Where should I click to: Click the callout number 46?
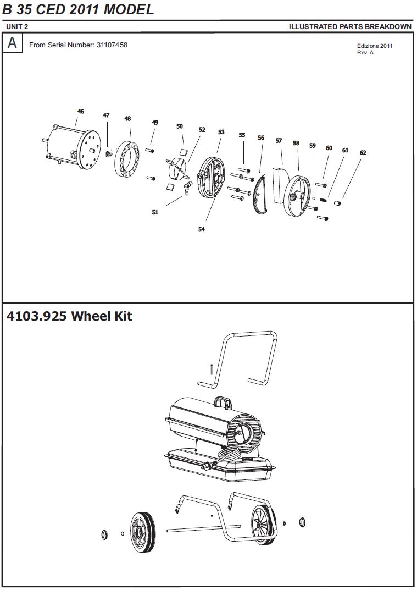pos(81,112)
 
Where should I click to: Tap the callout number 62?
pos(363,153)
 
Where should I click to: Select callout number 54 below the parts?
pos(202,230)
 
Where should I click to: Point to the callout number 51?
pos(155,212)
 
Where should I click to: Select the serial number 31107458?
pos(112,45)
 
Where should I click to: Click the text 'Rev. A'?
pos(366,53)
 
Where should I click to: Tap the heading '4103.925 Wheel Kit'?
pos(69,317)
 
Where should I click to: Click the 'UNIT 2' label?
pos(17,27)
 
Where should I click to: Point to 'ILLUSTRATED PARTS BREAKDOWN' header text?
pos(350,27)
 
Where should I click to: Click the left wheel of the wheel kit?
pos(142,532)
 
